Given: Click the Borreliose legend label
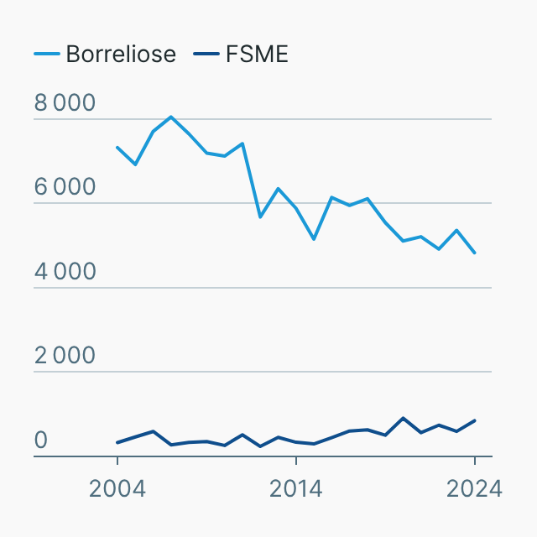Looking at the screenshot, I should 121,55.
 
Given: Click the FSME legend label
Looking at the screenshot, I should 257,55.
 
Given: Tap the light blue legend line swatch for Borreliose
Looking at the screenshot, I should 46,55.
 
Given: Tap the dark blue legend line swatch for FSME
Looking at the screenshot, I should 206,55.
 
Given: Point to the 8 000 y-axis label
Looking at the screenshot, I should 65,103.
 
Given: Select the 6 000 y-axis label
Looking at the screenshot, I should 65,188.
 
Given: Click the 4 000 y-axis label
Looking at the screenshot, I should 65,272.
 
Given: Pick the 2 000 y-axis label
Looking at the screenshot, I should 65,356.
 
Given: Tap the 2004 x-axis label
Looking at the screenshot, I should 117,488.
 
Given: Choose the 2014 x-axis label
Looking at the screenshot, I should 296,488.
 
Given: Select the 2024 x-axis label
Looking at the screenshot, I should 474,488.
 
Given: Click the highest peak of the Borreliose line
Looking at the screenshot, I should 171,117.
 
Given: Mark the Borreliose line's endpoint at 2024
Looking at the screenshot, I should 475,253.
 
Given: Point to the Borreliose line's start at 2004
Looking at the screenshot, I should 117,148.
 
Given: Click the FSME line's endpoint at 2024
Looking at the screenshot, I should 475,420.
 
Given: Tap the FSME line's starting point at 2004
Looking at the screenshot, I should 117,442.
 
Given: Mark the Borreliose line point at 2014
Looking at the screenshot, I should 296,208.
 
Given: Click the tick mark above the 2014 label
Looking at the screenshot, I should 296,461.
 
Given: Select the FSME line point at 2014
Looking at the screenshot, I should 296,441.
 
